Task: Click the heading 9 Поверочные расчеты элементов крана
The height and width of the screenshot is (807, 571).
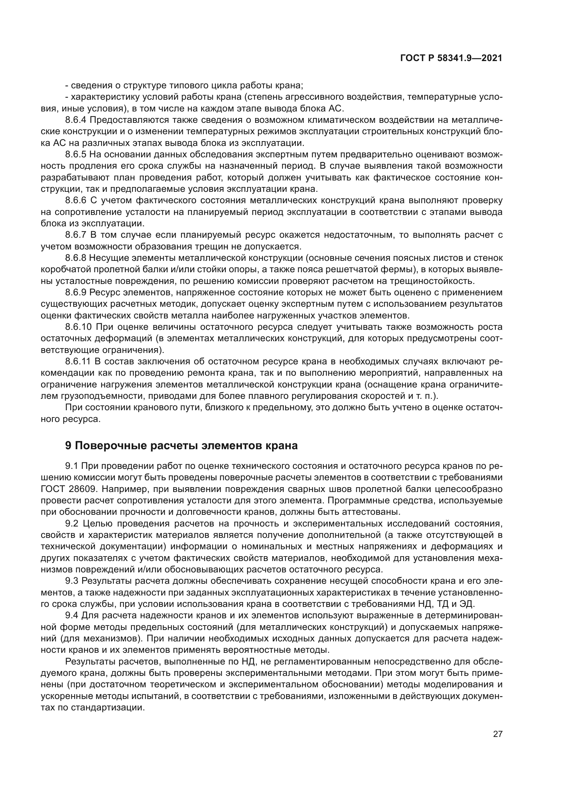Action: coord(182,445)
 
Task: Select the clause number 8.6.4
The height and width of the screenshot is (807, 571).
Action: coord(76,120)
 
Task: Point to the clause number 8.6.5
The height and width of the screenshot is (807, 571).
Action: coord(76,154)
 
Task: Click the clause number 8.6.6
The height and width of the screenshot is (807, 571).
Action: coord(76,200)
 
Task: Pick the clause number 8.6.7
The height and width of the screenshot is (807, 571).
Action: coord(76,235)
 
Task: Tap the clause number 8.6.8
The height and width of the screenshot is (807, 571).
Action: coord(76,258)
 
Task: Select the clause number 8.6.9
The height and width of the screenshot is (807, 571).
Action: coord(76,293)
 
